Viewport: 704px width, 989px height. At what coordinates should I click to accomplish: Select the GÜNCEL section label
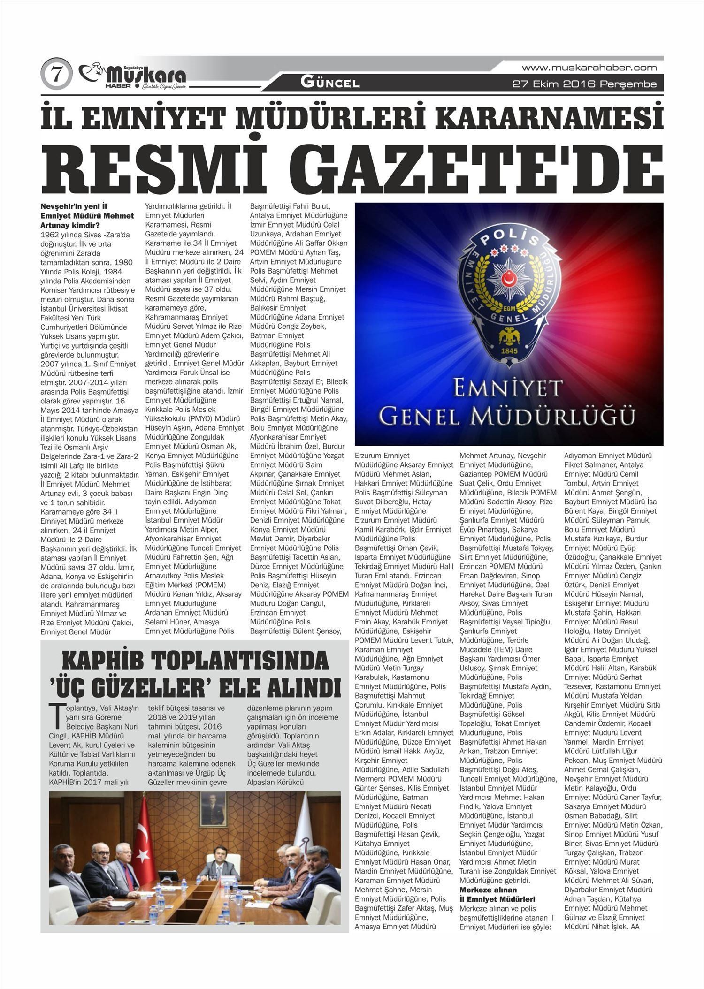(x=330, y=84)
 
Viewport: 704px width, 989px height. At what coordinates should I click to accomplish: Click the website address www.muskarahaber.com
(x=589, y=68)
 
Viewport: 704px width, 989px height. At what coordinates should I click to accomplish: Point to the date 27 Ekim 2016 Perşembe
(x=584, y=84)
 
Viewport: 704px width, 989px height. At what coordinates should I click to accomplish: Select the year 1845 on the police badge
(x=509, y=350)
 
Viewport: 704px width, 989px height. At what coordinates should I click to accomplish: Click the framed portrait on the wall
(x=214, y=810)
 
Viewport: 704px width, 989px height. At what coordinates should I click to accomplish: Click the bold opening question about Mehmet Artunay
(x=87, y=215)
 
